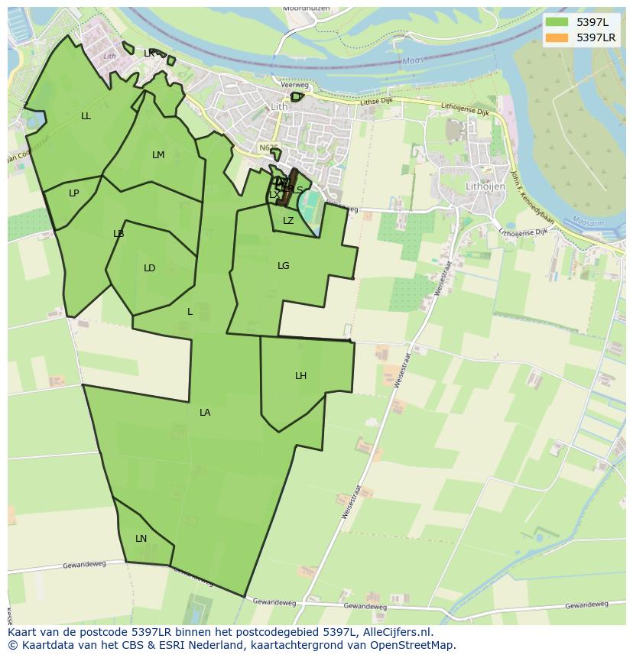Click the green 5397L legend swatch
[557, 22]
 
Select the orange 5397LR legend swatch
[557, 37]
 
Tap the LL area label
[86, 116]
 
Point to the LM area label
[158, 155]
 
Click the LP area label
[74, 193]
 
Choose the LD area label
[150, 268]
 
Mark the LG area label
[284, 266]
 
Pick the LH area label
[301, 376]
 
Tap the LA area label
[205, 413]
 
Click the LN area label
[141, 539]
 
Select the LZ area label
[288, 221]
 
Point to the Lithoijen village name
[487, 186]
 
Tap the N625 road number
[268, 148]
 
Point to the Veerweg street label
[294, 86]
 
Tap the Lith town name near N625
[280, 107]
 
